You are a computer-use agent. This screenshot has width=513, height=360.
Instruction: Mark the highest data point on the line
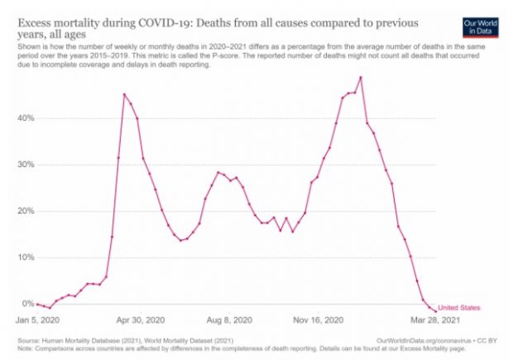pyautogui.click(x=361, y=77)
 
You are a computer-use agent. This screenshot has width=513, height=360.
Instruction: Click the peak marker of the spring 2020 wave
pyautogui.click(x=125, y=94)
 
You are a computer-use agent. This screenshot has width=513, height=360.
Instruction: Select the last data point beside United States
pyautogui.click(x=435, y=311)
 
